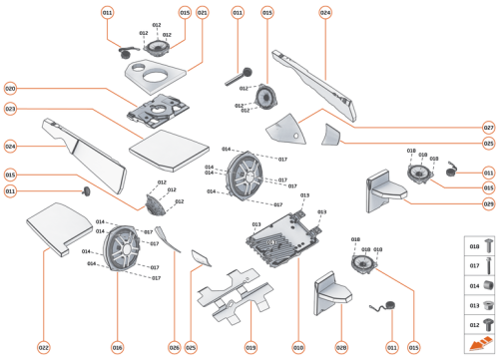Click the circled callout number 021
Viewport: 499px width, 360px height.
[203, 13]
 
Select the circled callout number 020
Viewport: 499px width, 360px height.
[11, 87]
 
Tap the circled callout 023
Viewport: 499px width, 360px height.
[11, 109]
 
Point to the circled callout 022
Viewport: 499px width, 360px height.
[44, 347]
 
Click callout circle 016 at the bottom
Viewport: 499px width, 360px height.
[118, 347]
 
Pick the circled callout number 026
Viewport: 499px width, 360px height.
[174, 347]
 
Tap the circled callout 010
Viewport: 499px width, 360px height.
[297, 347]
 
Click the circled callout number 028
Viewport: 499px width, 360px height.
[340, 347]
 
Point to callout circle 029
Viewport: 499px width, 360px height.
[488, 204]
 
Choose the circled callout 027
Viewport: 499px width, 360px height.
[488, 128]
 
